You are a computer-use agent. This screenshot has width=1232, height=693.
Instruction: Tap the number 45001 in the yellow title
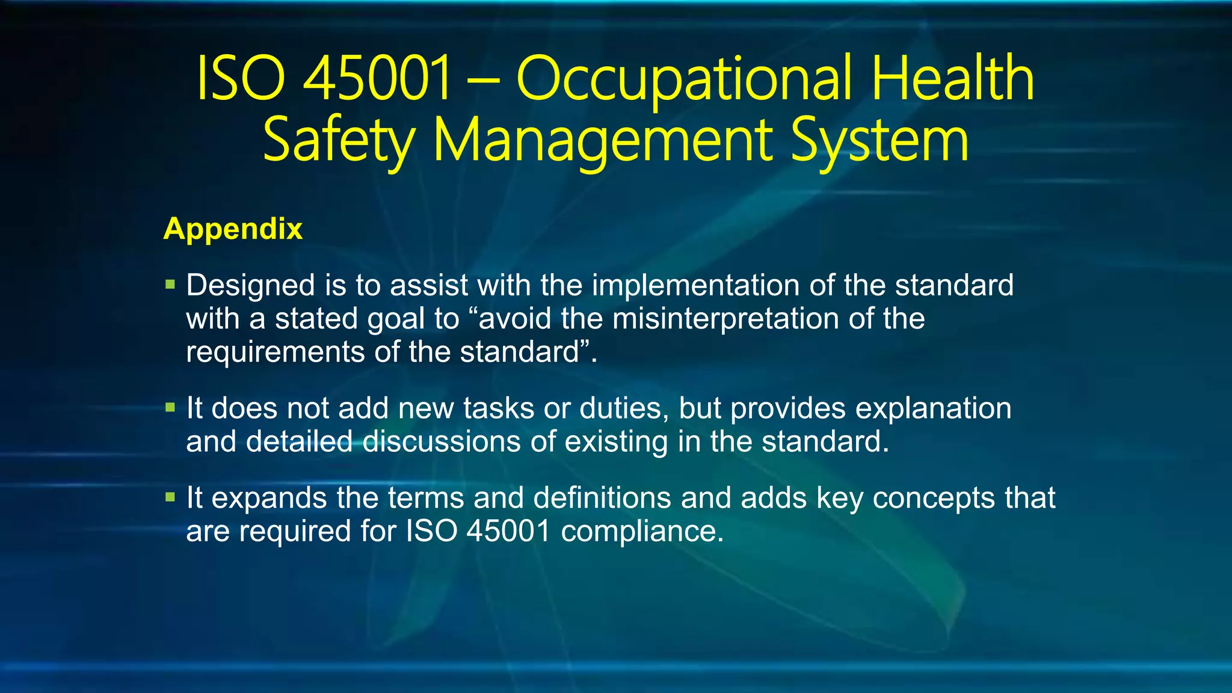[x=377, y=78]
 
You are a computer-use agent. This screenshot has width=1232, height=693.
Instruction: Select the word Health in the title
[x=953, y=78]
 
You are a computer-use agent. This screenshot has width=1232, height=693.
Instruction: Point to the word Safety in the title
[x=338, y=142]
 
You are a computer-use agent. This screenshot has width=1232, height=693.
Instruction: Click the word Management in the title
[x=602, y=142]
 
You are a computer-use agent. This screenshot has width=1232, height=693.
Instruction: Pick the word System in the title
[x=879, y=142]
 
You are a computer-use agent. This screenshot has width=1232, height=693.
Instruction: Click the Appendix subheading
[x=233, y=229]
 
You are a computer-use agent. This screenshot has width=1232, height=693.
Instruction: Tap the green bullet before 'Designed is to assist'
[x=170, y=284]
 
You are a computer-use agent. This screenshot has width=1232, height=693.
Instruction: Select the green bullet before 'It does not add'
[x=170, y=407]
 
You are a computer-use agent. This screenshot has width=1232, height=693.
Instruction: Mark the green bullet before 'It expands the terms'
[x=170, y=497]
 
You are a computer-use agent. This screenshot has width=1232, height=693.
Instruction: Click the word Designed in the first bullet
[x=250, y=285]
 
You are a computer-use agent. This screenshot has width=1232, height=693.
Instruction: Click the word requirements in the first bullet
[x=275, y=352]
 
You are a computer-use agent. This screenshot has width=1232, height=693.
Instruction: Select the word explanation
[x=933, y=408]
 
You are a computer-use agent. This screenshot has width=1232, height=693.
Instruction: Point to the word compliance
[x=642, y=531]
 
